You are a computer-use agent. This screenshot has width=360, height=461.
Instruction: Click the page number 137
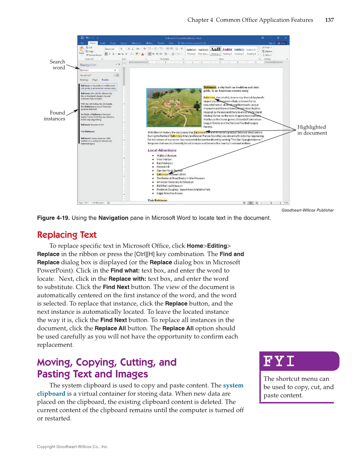pos(329,20)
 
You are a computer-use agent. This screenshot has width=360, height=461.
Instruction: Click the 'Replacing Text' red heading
pos(67,235)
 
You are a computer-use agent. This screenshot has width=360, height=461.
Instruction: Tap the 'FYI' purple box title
pos(279,361)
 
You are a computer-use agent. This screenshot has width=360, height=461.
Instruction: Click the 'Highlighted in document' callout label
pos(312,130)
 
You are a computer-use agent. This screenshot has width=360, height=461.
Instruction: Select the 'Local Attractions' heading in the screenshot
pos(162,150)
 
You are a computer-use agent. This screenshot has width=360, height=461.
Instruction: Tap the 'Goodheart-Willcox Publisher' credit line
pos(307,210)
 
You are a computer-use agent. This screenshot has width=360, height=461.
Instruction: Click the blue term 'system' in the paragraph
pos(233,386)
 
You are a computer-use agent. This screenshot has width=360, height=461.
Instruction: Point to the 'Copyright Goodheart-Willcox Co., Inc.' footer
pos(73,447)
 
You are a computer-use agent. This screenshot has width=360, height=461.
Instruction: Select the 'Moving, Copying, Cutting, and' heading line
pos(106,362)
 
